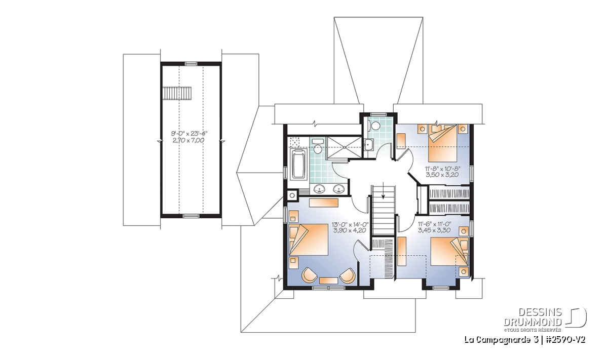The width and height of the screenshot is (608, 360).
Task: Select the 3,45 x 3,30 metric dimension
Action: click(x=435, y=230)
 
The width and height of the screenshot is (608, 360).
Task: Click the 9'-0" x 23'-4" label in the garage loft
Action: click(x=191, y=134)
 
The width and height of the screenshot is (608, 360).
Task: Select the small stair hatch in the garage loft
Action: click(x=177, y=93)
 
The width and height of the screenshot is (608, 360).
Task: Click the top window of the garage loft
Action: click(x=191, y=63)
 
